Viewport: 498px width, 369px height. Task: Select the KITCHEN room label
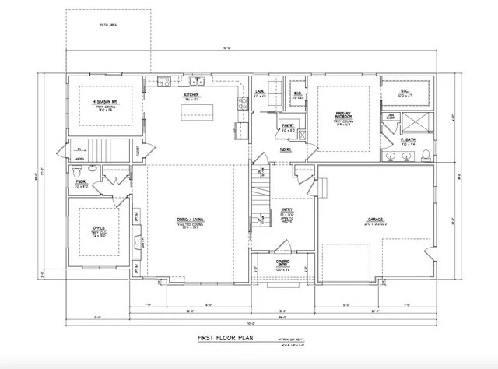point(191,95)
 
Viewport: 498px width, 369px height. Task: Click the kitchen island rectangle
point(198,115)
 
